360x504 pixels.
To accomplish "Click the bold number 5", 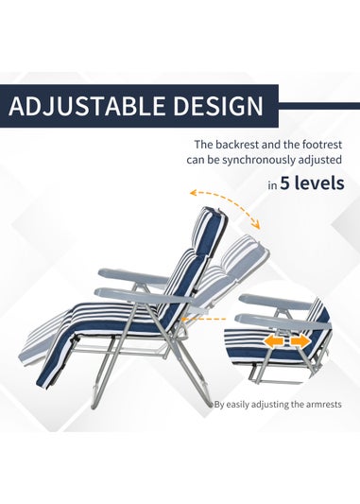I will (x=285, y=184).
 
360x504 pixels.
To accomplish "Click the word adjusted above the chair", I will (x=317, y=161).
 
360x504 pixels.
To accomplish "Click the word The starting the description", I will (x=204, y=145).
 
